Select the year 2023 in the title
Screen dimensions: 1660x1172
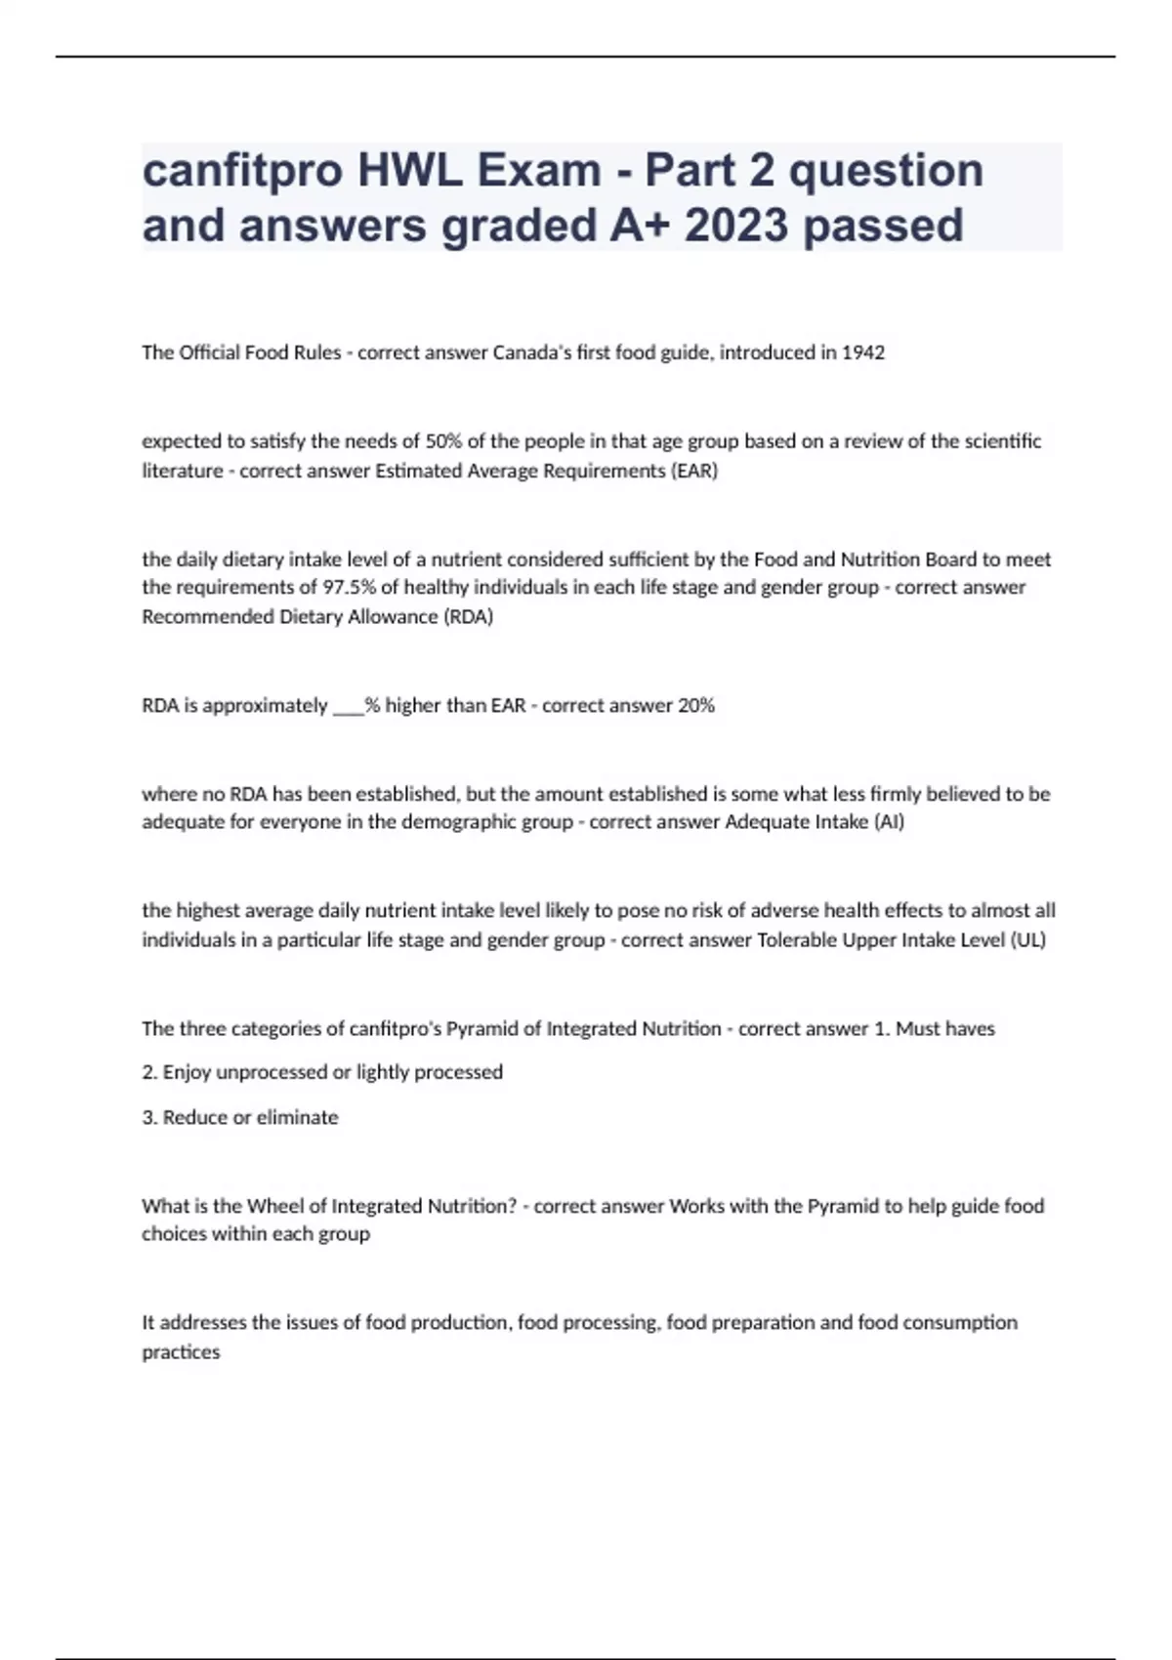736,227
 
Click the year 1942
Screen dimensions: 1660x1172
863,353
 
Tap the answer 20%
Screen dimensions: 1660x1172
696,705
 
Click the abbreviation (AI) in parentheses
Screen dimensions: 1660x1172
889,822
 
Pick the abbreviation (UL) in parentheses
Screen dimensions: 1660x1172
1028,939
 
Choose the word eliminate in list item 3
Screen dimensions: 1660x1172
298,1117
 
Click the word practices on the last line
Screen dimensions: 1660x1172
181,1352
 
